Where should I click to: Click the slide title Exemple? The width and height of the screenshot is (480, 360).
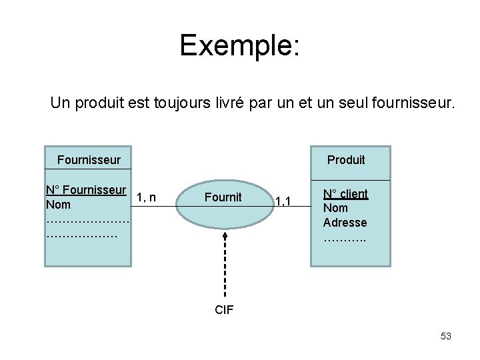[x=240, y=45]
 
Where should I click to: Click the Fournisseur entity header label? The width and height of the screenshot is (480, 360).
[x=89, y=159]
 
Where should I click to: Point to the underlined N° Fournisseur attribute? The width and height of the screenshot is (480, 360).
[x=86, y=190]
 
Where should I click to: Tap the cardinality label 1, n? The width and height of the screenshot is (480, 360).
[x=146, y=197]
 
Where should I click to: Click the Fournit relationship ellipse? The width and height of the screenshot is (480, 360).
[x=223, y=197]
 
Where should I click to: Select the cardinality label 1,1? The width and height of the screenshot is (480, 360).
[x=283, y=199]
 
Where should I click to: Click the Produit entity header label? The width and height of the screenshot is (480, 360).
[x=346, y=159]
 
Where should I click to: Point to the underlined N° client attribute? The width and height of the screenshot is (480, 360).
[x=345, y=194]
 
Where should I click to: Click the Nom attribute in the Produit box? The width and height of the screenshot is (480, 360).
[x=335, y=208]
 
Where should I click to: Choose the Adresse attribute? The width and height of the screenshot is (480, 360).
[x=345, y=222]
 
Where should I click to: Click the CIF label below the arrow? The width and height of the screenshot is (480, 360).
[x=224, y=309]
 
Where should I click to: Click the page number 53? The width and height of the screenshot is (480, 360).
[x=446, y=336]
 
